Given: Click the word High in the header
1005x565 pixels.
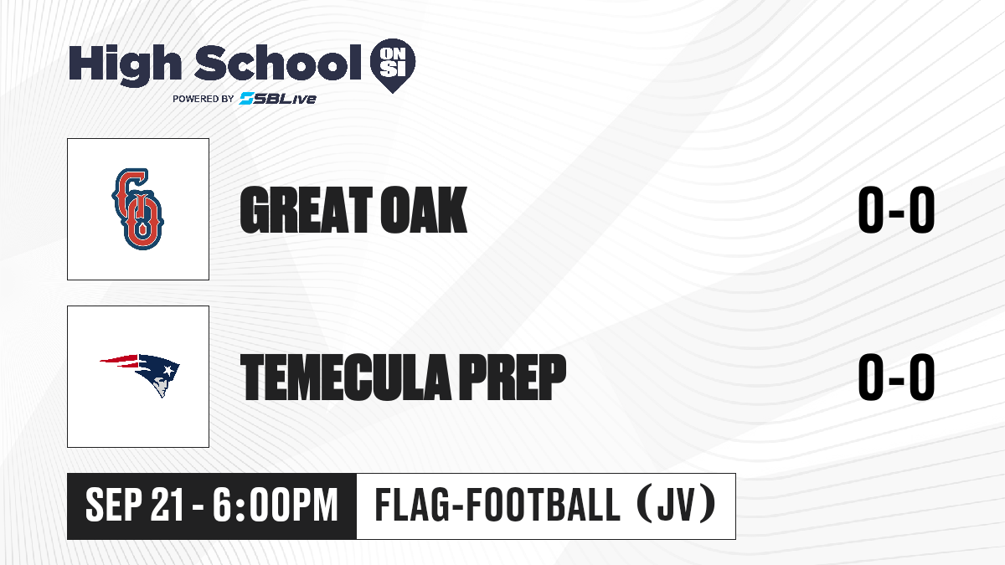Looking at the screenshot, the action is (x=125, y=65).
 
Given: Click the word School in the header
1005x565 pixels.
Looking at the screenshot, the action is (x=278, y=63).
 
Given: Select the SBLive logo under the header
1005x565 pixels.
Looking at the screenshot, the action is (x=278, y=99).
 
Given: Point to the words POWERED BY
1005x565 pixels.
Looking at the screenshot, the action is (x=204, y=99).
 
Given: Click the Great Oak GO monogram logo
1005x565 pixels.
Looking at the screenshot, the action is (x=137, y=209).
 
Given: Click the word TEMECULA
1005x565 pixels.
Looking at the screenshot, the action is (x=345, y=377).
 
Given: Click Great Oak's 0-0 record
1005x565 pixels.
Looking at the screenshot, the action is (x=896, y=210).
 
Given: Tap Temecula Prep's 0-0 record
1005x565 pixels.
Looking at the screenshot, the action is (x=896, y=377).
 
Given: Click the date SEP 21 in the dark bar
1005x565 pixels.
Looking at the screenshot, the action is (x=135, y=506).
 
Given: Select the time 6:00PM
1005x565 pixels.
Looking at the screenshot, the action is (x=275, y=506).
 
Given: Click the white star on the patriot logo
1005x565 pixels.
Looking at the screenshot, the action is (x=168, y=371).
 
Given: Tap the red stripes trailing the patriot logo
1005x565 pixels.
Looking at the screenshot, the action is (x=119, y=361).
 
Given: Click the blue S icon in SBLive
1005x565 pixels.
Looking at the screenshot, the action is (x=246, y=99).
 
